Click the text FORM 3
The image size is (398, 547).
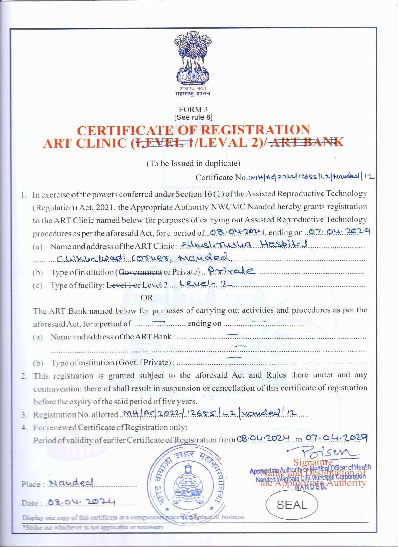coord(193,110)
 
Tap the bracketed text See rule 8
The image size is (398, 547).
coord(193,117)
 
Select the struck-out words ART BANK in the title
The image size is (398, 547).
coord(307,142)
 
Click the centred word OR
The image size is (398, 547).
coord(147,297)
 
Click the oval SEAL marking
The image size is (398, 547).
coord(292,505)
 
